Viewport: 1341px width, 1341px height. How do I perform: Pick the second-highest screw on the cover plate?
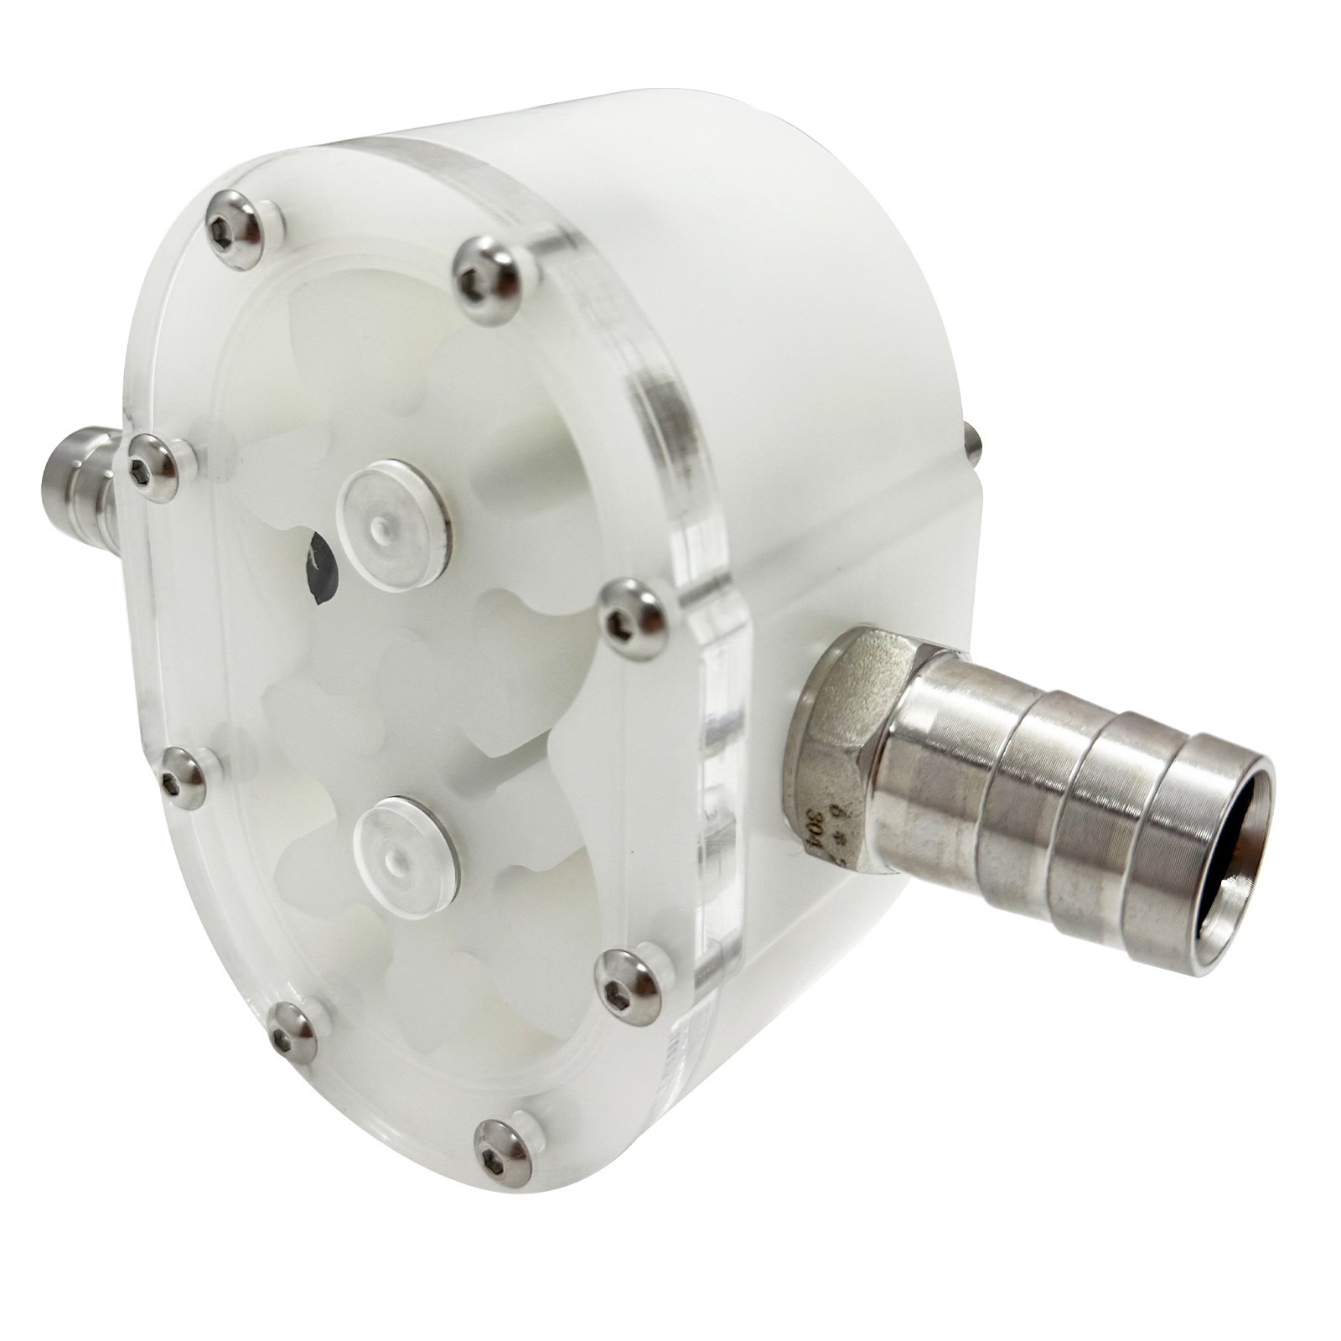485,268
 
